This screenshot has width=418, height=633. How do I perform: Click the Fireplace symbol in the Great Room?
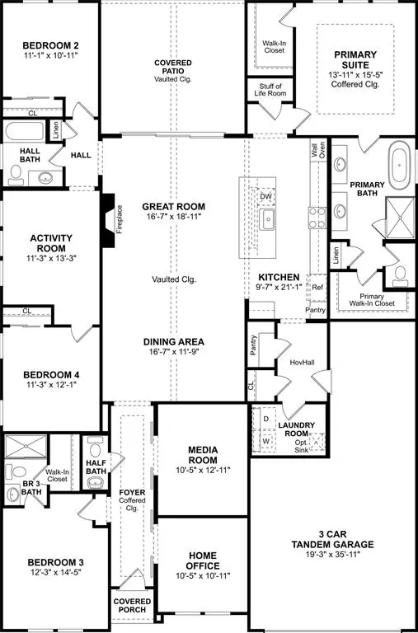click(107, 220)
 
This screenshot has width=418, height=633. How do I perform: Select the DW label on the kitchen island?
click(265, 197)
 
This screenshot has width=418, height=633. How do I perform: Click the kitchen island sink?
click(267, 218)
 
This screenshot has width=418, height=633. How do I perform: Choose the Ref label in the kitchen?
click(317, 287)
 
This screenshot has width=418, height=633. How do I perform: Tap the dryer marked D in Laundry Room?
click(265, 419)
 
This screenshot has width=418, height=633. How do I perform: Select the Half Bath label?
click(97, 467)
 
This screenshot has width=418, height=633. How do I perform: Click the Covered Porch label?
click(133, 607)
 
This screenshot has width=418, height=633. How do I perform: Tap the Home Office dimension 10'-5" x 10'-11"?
click(202, 577)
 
